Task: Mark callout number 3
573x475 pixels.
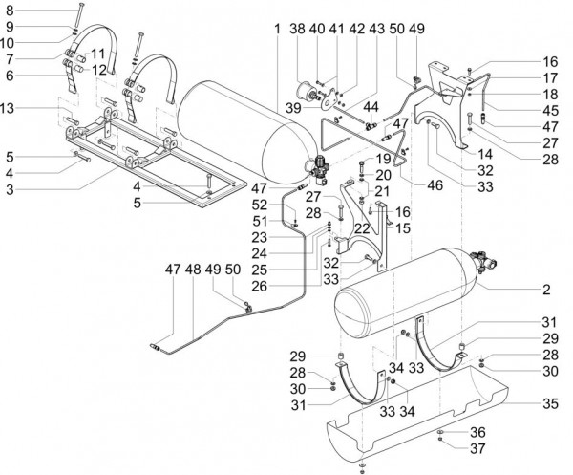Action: tap(10, 191)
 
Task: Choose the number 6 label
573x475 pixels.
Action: tap(10, 75)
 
